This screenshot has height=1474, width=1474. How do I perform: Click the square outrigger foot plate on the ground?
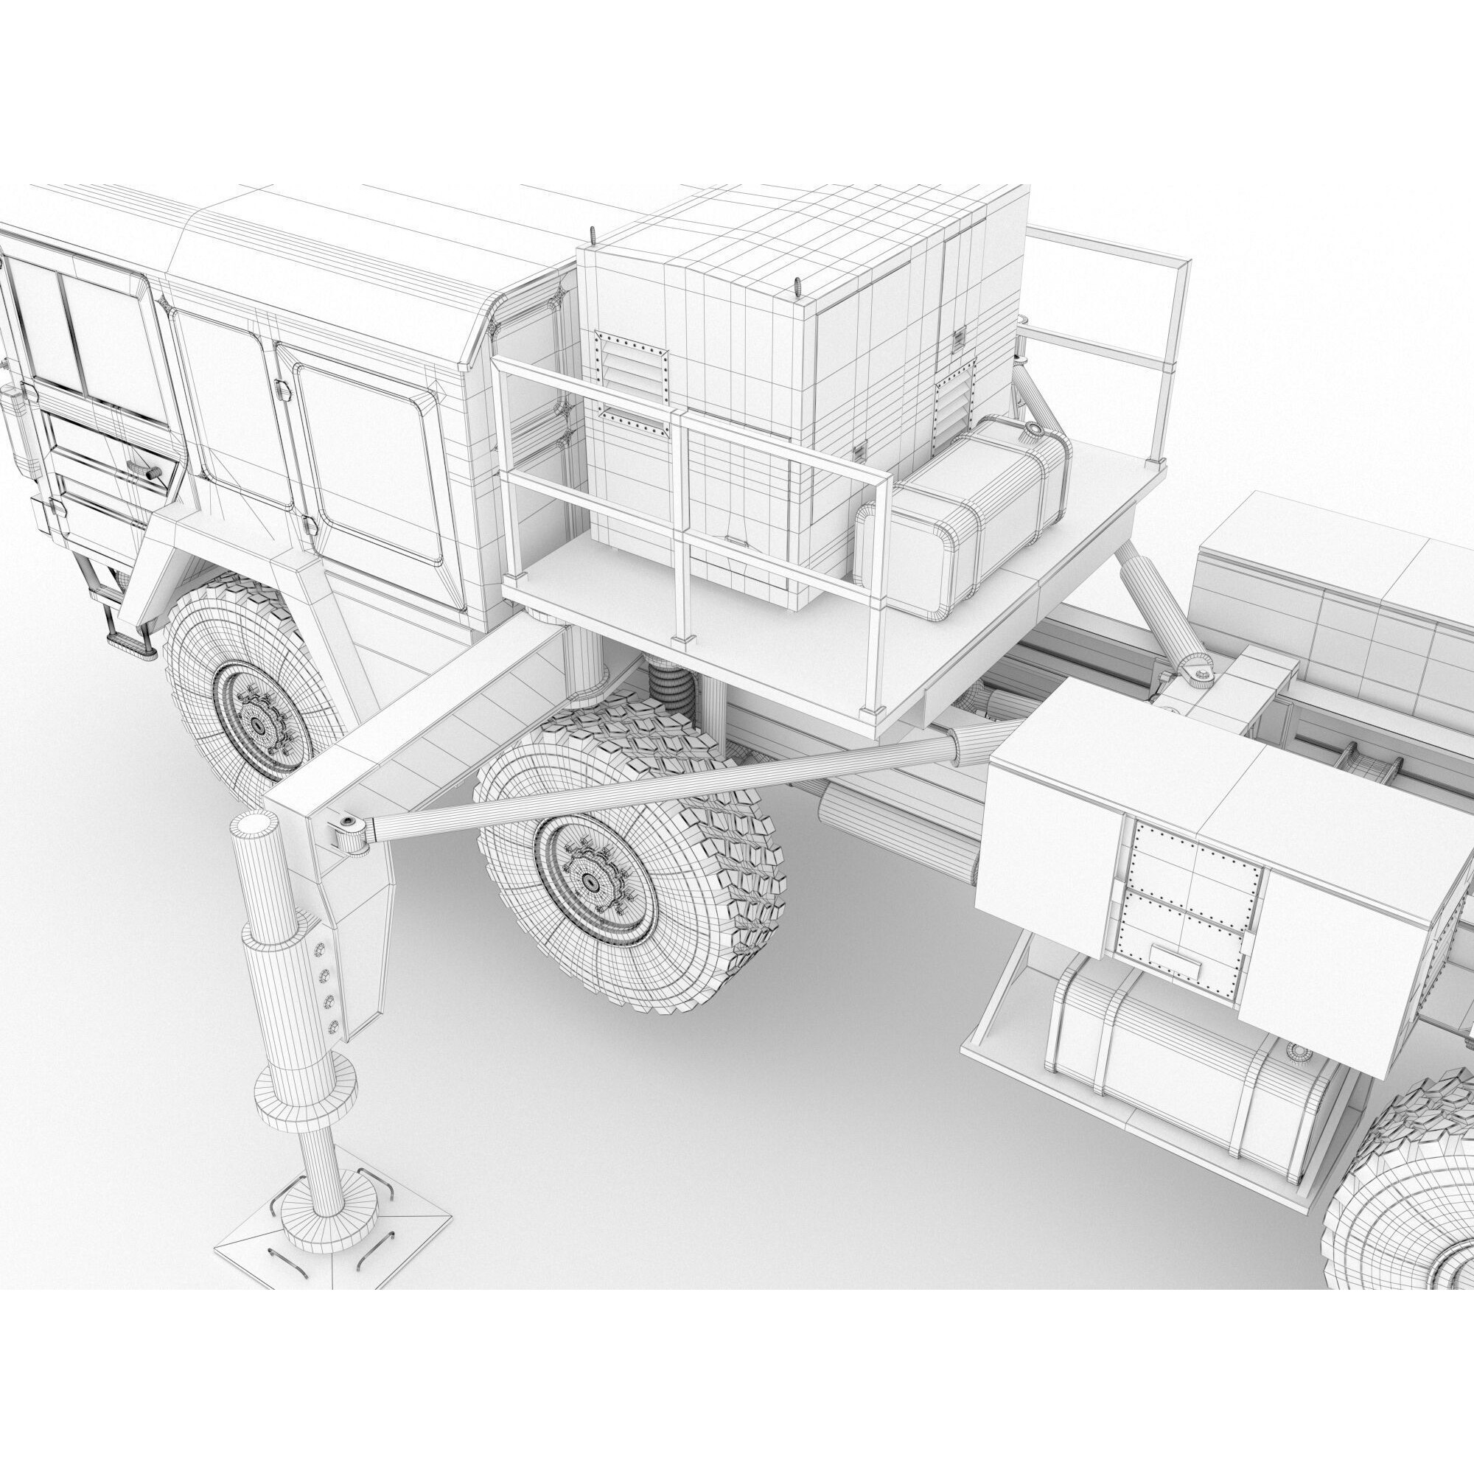332,1234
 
